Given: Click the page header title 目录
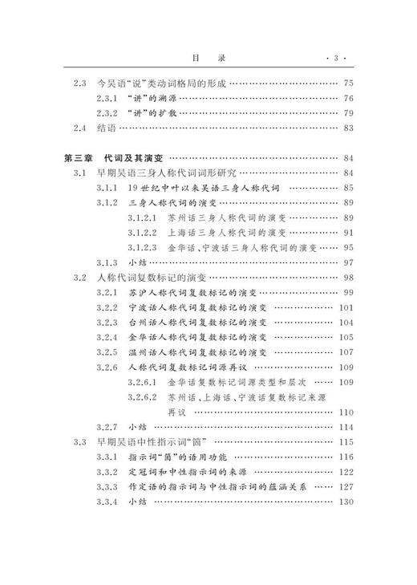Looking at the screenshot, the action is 208,57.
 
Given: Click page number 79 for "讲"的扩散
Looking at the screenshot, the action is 347,113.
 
